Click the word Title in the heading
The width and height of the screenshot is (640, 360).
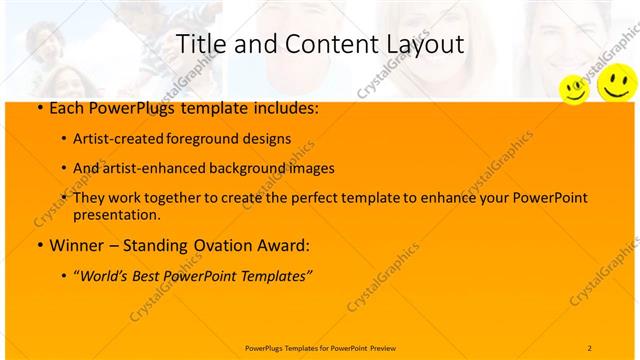[x=199, y=45]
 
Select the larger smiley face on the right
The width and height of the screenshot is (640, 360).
[x=615, y=82]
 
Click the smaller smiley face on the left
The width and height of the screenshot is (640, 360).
[x=573, y=89]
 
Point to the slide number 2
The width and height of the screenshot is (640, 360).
[x=590, y=347]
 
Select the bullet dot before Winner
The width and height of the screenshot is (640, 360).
[x=38, y=245]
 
